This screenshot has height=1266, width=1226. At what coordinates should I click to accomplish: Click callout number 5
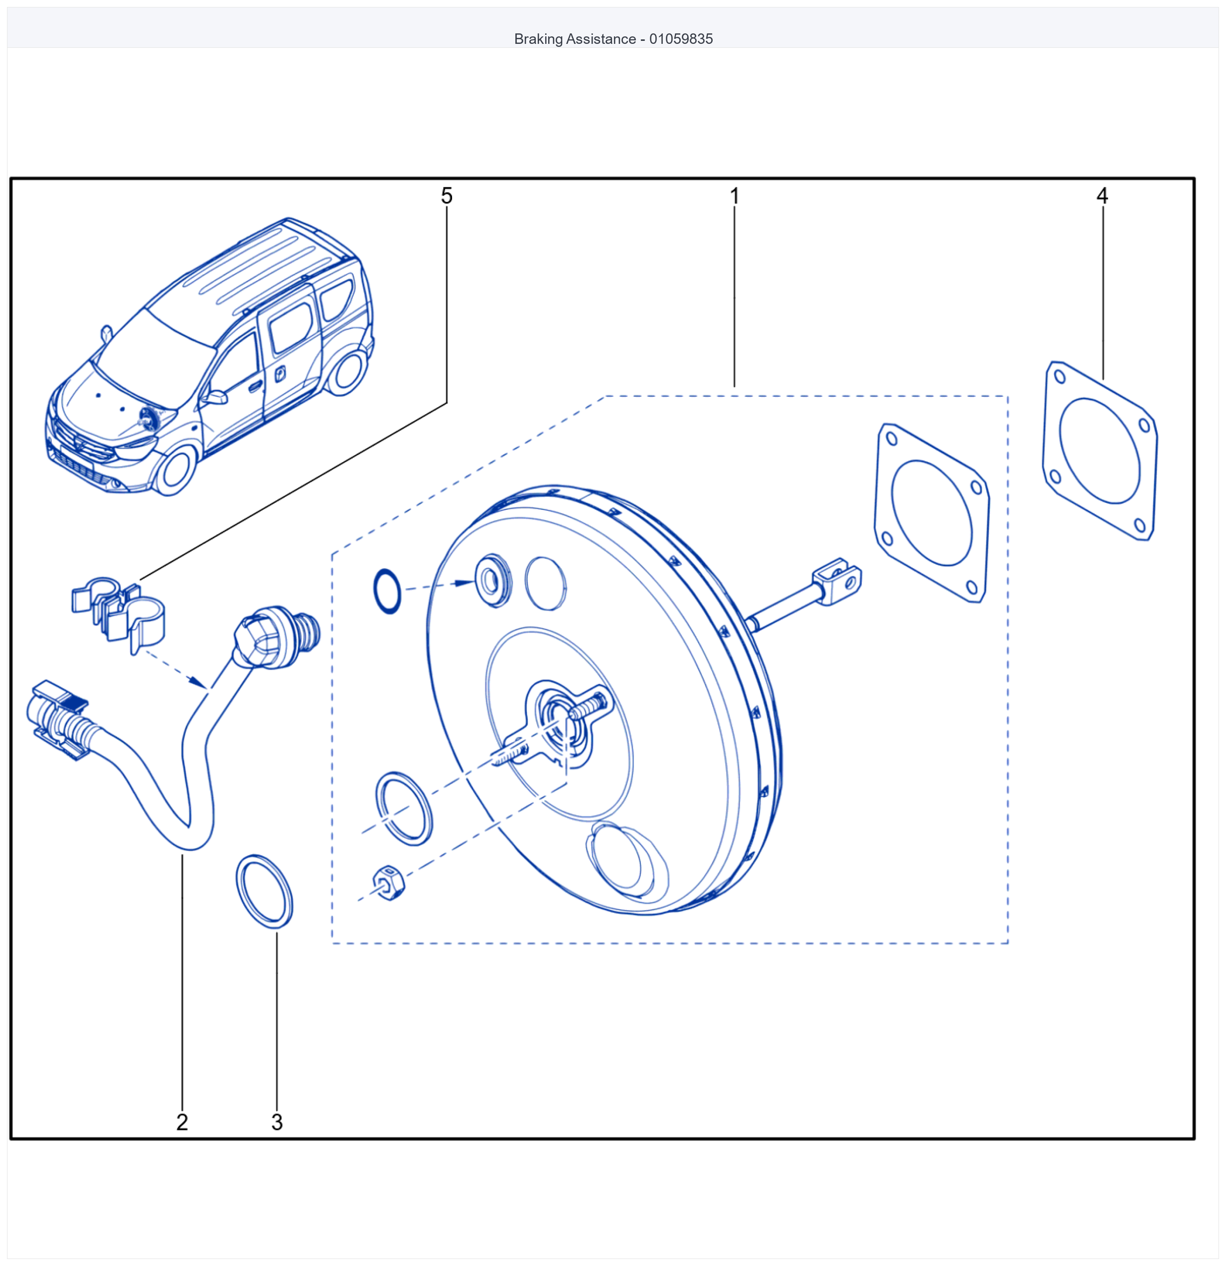tap(447, 196)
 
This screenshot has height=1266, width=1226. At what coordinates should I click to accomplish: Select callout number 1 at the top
tap(735, 196)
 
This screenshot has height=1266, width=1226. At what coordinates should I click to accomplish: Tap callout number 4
tap(1102, 196)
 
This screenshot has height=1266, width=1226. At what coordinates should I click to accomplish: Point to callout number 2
tap(182, 1122)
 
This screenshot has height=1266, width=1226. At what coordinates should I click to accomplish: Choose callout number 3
tap(277, 1122)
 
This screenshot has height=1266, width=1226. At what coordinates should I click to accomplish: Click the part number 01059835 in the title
tap(681, 39)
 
